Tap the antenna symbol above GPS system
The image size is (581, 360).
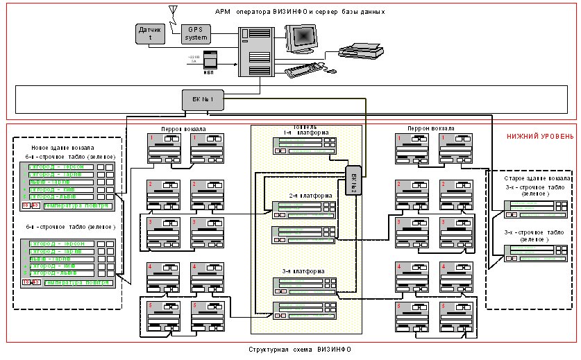tap(174, 11)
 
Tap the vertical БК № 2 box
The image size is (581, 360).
tap(351, 181)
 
